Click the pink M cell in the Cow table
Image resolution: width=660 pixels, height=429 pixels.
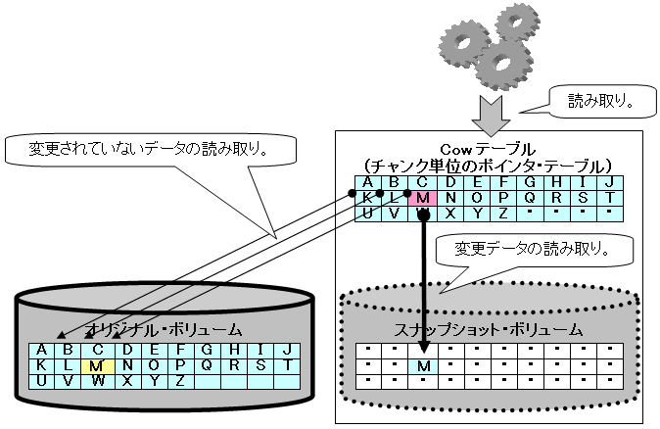pos(422,197)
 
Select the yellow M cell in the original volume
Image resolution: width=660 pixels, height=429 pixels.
pos(95,366)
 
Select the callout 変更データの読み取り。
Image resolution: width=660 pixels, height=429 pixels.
pos(533,249)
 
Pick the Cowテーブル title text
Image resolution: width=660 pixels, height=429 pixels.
pos(487,148)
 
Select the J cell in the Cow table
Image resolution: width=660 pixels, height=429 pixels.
pos(608,182)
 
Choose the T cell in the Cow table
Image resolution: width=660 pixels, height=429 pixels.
pos(608,197)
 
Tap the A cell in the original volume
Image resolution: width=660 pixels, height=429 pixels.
pos(41,351)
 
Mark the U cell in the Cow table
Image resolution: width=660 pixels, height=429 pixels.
pos(367,212)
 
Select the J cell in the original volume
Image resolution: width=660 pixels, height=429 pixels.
pos(287,351)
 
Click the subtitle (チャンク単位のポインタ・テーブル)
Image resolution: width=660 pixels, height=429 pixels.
pos(487,165)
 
